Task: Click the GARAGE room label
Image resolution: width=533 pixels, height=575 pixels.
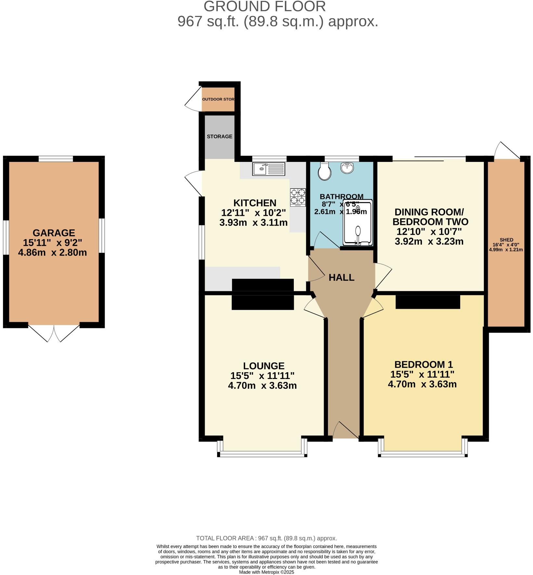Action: [54, 233]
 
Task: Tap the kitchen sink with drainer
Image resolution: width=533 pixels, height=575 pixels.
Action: [269, 169]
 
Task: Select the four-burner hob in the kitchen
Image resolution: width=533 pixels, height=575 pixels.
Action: [298, 197]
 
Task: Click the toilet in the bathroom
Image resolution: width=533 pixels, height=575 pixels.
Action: [325, 172]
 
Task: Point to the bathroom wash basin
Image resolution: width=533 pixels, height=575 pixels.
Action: [347, 168]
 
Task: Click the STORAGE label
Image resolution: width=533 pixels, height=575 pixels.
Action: [220, 137]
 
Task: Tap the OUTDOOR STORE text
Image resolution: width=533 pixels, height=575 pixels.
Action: [218, 99]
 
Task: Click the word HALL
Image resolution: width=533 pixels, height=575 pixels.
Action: [341, 278]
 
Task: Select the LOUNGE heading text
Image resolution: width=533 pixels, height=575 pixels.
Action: [264, 366]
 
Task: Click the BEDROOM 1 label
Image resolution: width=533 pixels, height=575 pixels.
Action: [423, 364]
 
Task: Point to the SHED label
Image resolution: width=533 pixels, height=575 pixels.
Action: [507, 240]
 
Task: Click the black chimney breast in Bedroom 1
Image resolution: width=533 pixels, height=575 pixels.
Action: [428, 302]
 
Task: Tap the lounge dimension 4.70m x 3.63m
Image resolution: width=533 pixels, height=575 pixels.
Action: [262, 386]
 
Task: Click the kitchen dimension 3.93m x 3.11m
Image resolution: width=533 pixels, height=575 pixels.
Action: [253, 223]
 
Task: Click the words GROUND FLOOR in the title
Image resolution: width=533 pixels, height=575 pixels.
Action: [265, 7]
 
